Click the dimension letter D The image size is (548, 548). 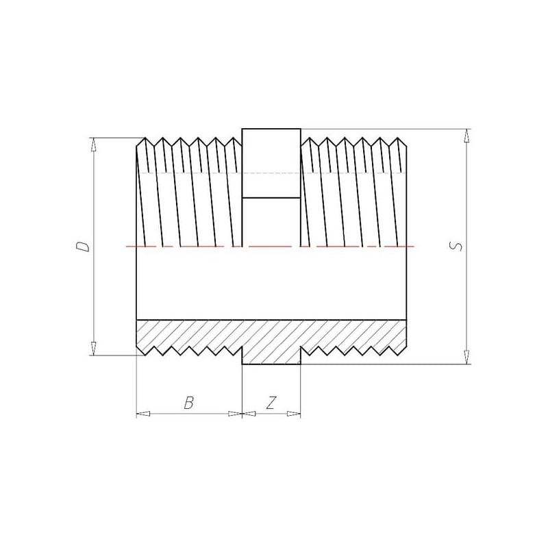pos(83,247)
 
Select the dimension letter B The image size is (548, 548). pos(189,403)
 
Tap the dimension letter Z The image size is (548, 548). pos(271,403)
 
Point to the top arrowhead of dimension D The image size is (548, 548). pos(93,145)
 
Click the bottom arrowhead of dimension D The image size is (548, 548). pos(93,349)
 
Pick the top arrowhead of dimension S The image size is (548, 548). pos(466,136)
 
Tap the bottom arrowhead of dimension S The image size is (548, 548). pos(466,357)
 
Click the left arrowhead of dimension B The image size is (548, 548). pos(143,414)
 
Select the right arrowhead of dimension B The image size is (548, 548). pos(235,414)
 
